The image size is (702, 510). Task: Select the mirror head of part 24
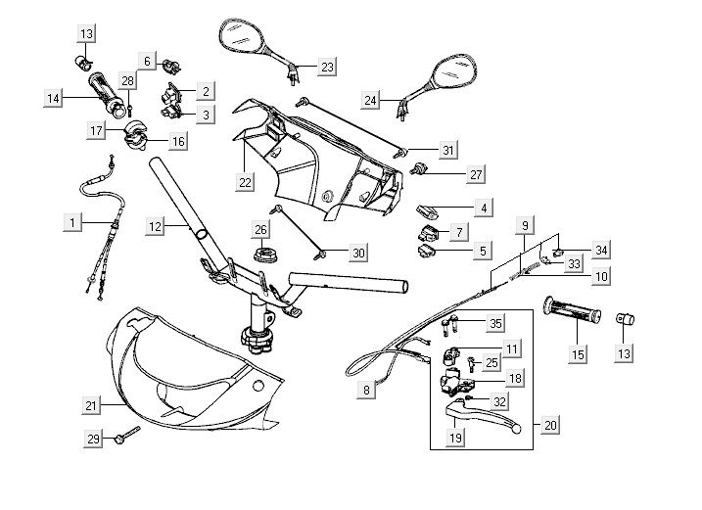452,71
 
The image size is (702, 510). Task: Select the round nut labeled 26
263,256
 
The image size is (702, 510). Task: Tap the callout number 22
244,181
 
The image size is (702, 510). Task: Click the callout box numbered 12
156,226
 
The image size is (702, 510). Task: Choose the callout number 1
71,223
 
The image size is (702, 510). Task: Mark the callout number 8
367,389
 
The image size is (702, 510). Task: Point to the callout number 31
448,150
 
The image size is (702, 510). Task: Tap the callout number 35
496,323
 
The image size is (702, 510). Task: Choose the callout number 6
149,61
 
